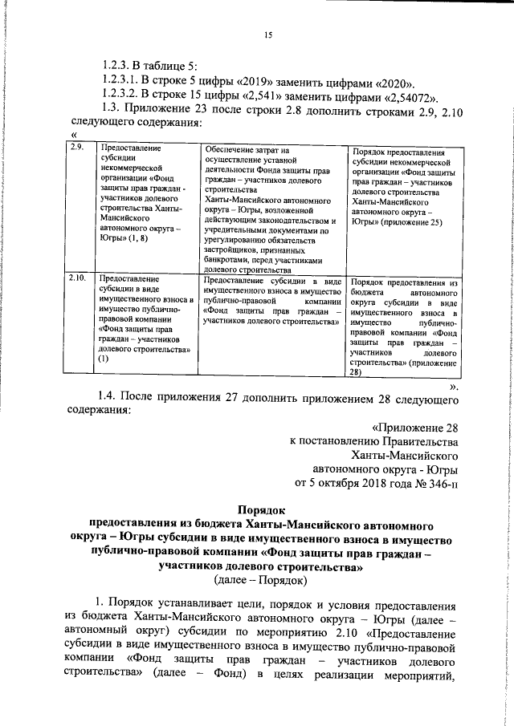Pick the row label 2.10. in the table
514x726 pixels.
[x=78, y=278]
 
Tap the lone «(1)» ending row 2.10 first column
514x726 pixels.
[x=103, y=359]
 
